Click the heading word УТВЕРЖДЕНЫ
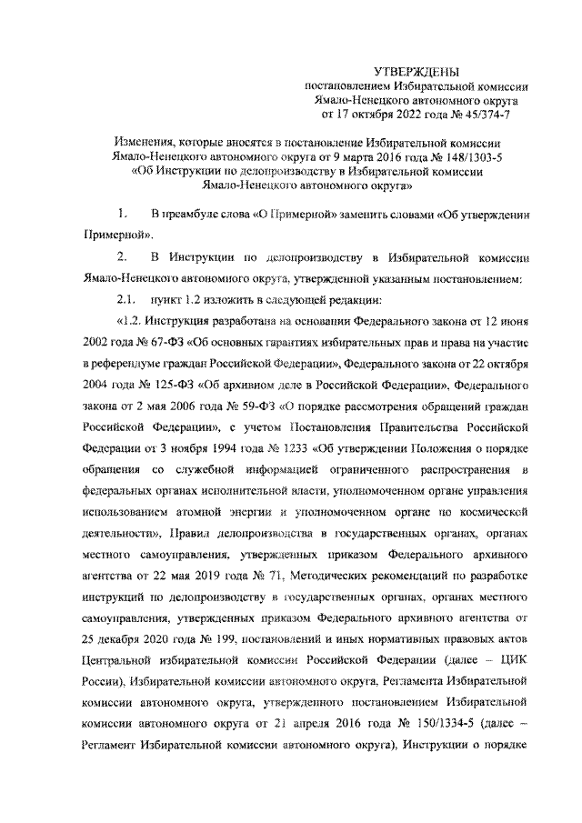pos(419,71)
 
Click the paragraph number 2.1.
pos(125,300)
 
